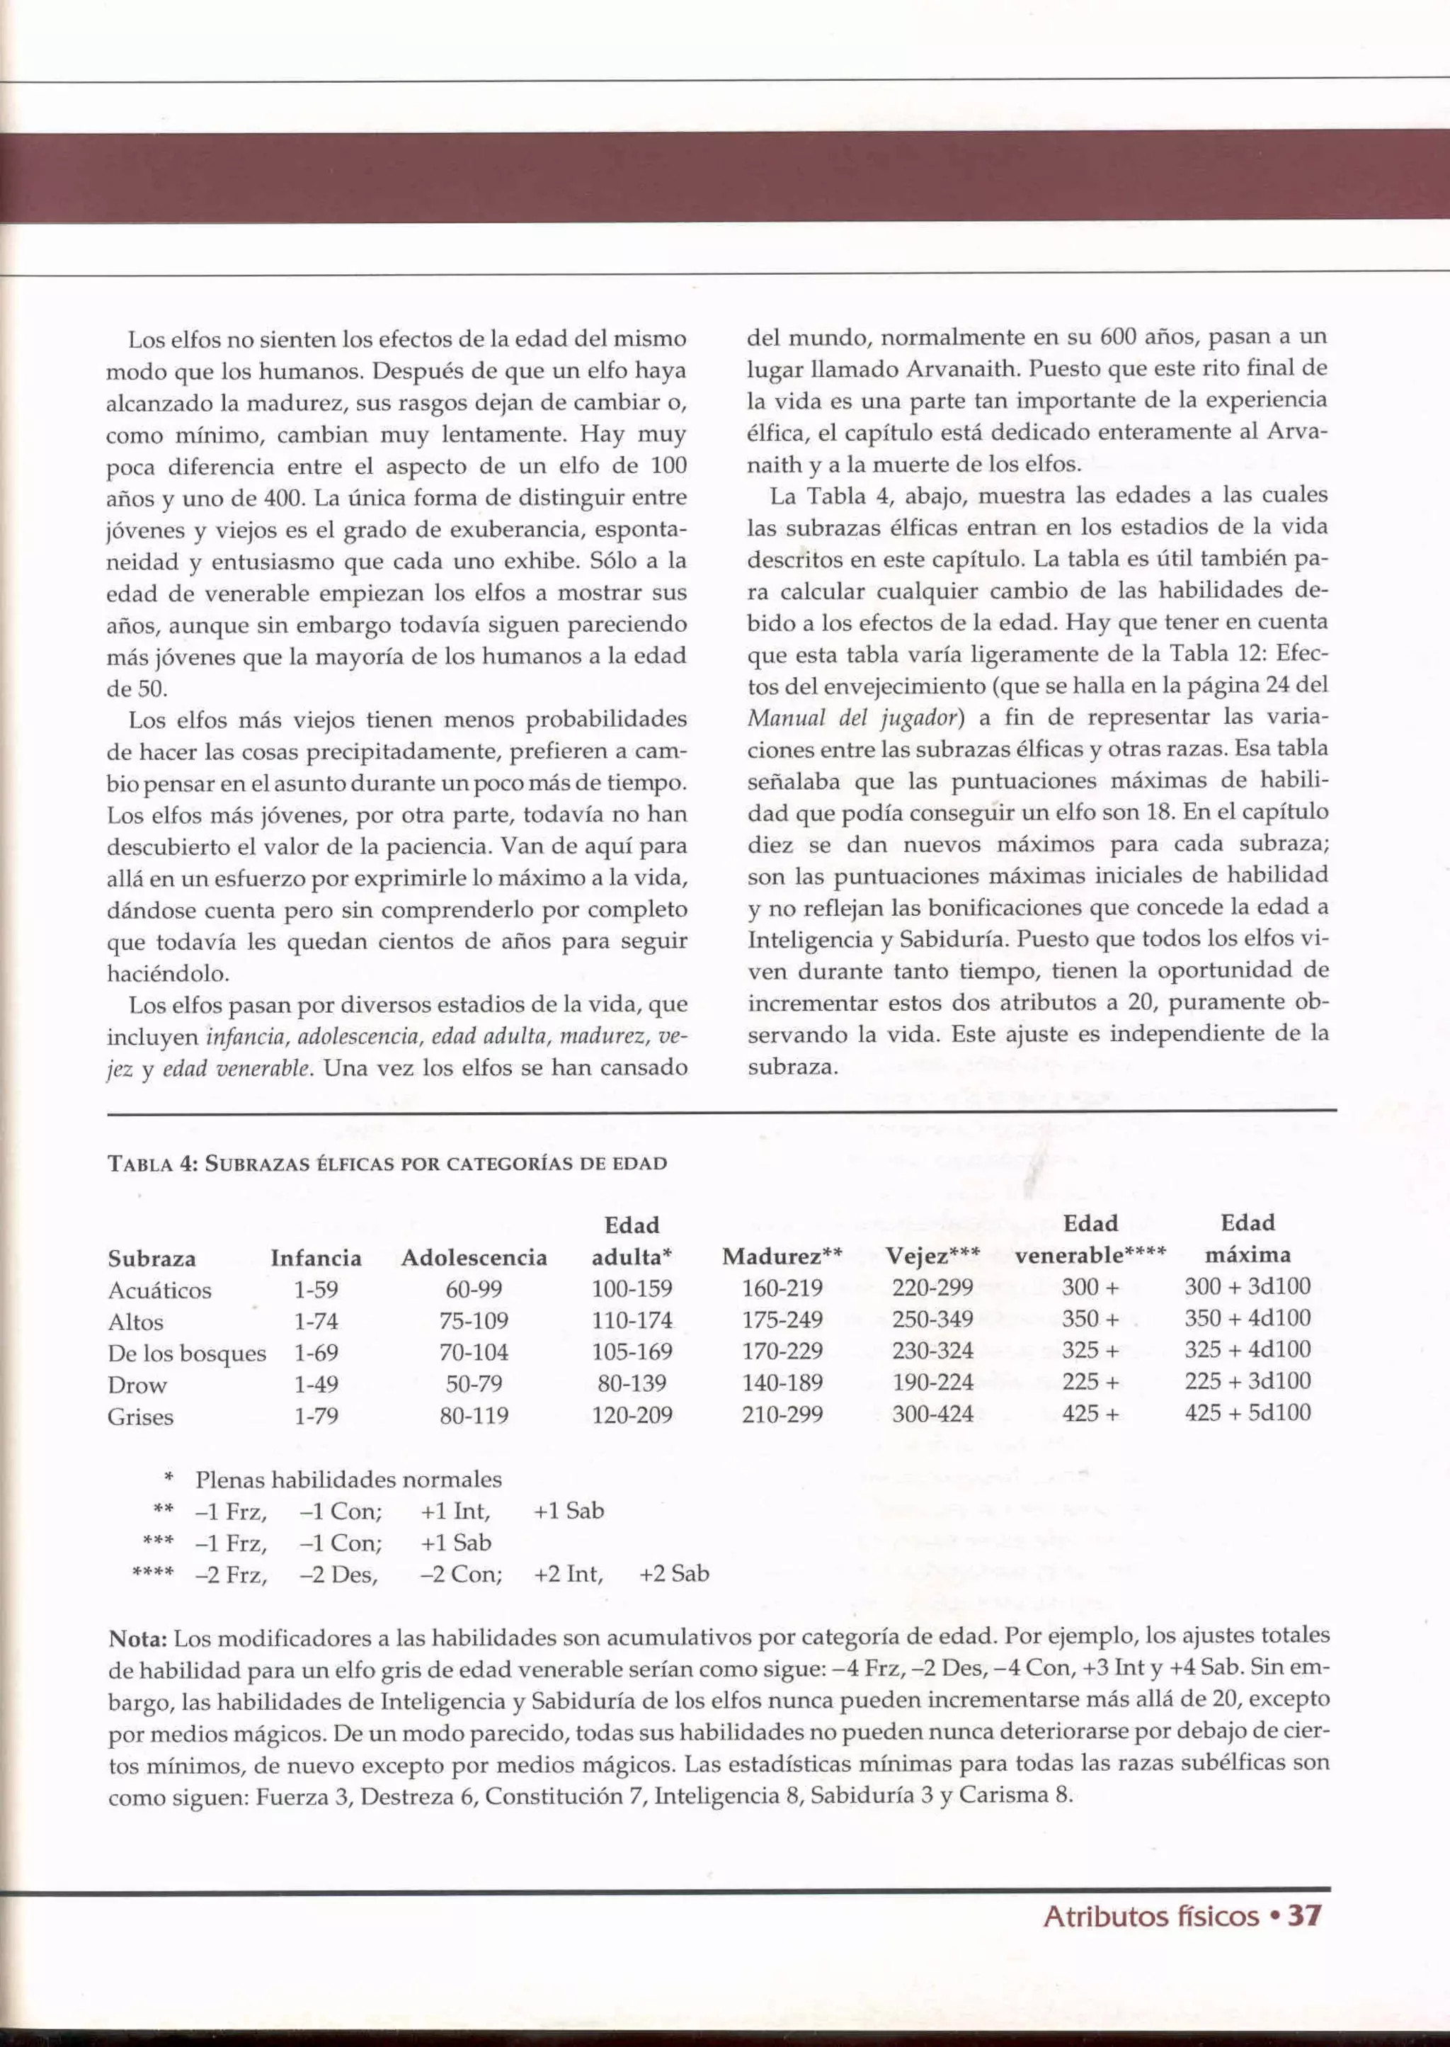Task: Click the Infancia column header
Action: point(316,1259)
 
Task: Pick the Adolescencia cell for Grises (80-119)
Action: point(474,1416)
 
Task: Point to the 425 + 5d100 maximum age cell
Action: point(1248,1413)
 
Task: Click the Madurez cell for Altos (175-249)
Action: point(782,1320)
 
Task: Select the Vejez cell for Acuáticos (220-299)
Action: point(932,1288)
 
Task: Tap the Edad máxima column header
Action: point(1248,1239)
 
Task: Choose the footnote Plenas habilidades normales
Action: point(348,1480)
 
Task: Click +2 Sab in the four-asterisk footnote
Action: point(674,1574)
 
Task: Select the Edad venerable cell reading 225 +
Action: point(1090,1383)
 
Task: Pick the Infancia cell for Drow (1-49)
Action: point(316,1384)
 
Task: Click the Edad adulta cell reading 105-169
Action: point(632,1352)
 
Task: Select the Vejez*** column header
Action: point(932,1257)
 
